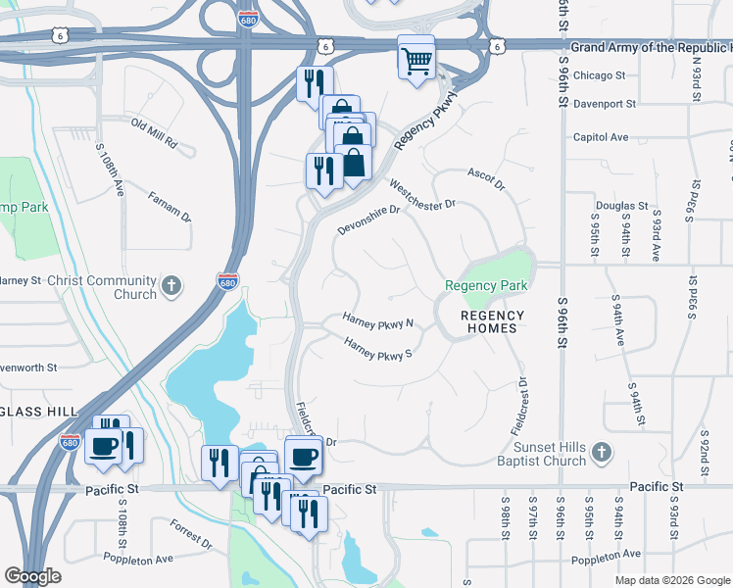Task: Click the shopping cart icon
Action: [x=416, y=59]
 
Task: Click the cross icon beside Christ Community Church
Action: [x=171, y=286]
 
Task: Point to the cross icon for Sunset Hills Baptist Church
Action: [x=603, y=452]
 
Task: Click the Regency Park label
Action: [x=486, y=286]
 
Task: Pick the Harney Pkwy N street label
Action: [x=378, y=320]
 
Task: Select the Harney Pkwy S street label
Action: [x=377, y=348]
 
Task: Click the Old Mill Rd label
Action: [x=154, y=135]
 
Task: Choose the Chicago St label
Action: [x=599, y=75]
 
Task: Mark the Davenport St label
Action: [x=605, y=103]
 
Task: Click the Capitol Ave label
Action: [x=601, y=137]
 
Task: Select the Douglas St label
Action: [x=622, y=207]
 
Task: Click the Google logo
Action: [x=32, y=575]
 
